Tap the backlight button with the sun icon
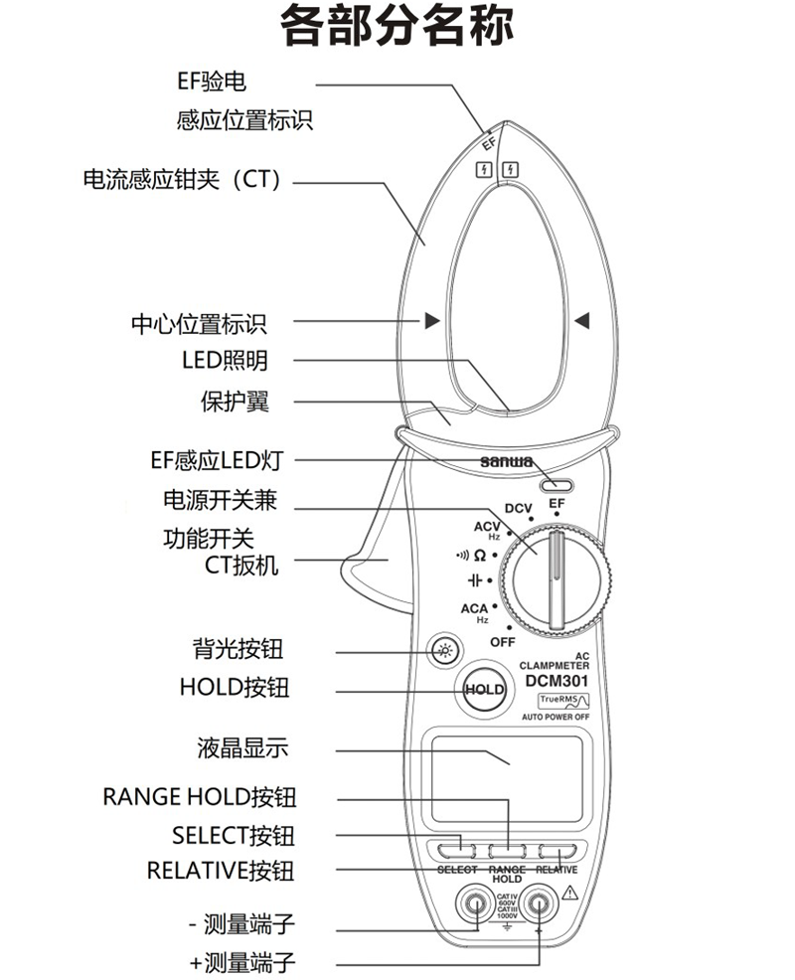click(x=444, y=651)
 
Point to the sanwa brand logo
click(x=507, y=462)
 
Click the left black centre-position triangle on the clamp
click(x=431, y=321)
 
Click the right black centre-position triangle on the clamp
click(x=582, y=321)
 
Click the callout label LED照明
click(x=225, y=361)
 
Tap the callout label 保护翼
click(x=235, y=403)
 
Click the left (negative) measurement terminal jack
click(x=473, y=905)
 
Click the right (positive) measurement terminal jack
click(x=540, y=905)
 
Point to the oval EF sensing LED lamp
click(x=556, y=486)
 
